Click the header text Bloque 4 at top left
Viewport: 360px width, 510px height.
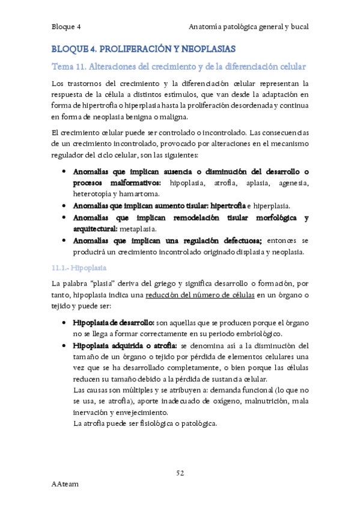click(x=66, y=27)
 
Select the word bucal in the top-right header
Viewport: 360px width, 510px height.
click(x=298, y=27)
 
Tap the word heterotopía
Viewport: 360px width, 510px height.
click(x=92, y=194)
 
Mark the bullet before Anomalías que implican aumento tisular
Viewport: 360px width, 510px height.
click(x=64, y=206)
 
